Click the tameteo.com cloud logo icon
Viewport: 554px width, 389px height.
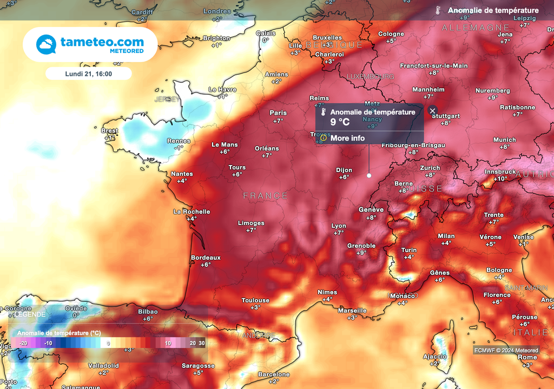point(46,44)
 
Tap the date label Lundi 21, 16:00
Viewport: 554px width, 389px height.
point(88,73)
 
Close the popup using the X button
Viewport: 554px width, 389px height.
point(432,110)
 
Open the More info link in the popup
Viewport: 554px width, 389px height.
point(347,138)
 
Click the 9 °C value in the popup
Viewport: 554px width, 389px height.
point(340,122)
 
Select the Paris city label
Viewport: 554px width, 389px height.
point(278,113)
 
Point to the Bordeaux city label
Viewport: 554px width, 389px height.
point(206,258)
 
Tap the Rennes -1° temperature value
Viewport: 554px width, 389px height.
point(179,148)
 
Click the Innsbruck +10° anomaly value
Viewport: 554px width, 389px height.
point(500,179)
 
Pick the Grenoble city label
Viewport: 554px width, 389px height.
point(361,246)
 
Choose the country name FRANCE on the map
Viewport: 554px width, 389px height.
point(265,195)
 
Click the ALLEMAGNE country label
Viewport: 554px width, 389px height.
point(476,27)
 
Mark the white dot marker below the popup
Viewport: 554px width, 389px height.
point(369,175)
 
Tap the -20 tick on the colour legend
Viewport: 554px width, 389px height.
point(23,343)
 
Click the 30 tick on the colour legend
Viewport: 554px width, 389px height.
point(202,343)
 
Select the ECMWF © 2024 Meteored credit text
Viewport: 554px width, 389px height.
point(506,350)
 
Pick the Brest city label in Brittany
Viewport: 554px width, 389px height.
point(109,130)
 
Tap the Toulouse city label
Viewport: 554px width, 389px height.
point(255,300)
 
